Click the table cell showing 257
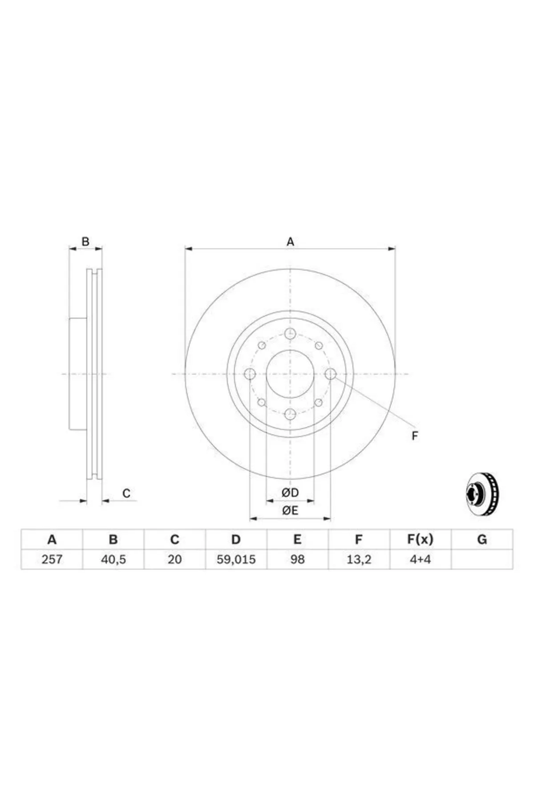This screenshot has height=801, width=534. tap(52, 559)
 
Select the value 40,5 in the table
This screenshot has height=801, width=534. tap(113, 559)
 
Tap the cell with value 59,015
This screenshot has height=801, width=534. tap(236, 559)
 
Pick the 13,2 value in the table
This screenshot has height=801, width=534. tap(359, 559)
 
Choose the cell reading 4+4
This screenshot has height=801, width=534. tap(420, 559)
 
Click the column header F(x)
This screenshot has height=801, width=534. tap(420, 540)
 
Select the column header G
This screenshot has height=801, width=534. tap(482, 540)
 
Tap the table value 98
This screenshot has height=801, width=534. tap(297, 559)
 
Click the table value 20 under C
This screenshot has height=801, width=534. tap(174, 559)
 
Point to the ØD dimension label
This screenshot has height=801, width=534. tap(290, 493)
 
